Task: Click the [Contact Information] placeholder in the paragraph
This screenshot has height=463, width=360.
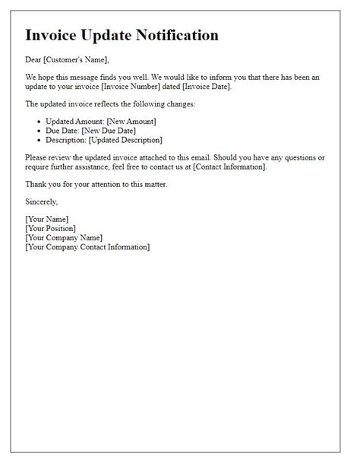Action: [x=225, y=166]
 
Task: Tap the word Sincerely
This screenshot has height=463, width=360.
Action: [x=41, y=202]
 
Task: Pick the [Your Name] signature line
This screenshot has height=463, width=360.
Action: [x=46, y=219]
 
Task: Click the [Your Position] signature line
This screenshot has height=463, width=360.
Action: [x=50, y=228]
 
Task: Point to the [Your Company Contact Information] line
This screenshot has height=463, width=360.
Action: [x=87, y=247]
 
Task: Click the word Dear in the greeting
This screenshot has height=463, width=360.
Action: [x=34, y=60]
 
